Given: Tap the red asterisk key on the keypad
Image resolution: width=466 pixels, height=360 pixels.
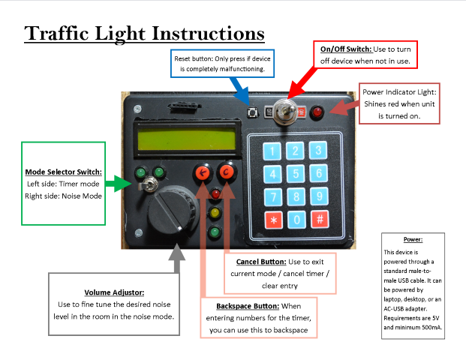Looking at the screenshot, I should click(273, 220).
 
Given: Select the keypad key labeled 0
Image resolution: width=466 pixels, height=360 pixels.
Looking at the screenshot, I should click(296, 220).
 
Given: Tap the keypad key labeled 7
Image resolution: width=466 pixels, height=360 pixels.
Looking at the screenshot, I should click(273, 197).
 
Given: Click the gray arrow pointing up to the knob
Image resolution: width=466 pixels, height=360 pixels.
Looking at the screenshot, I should click(177, 259).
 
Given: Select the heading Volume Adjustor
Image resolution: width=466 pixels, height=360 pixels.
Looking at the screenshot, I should click(114, 292).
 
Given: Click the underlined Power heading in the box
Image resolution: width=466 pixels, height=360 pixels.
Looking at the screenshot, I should click(413, 239).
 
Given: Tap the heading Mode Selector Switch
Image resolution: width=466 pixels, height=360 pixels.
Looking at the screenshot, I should click(63, 171).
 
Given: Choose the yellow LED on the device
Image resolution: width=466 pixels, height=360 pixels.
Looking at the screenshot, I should click(215, 213).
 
